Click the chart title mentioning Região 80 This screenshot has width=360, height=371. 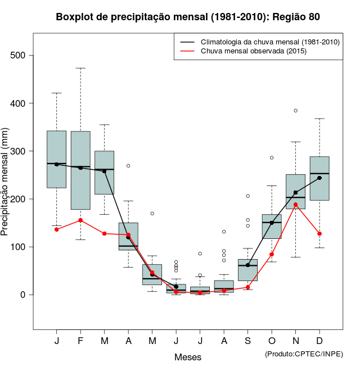(188, 17)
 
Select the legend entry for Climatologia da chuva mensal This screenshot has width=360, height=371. (270, 42)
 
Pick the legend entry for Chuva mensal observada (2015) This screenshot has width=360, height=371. (253, 51)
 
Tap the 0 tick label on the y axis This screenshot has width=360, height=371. (23, 295)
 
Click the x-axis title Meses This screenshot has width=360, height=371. (188, 357)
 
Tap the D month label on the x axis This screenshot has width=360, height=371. (319, 341)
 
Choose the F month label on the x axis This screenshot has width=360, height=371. (80, 341)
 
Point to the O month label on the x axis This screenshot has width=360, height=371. (272, 341)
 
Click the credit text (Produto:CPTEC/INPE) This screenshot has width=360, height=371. (304, 354)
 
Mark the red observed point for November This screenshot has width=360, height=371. (295, 205)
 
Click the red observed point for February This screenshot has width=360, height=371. (80, 220)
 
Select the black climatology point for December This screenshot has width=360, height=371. (319, 178)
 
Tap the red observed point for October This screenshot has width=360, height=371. (272, 255)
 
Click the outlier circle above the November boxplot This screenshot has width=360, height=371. (295, 111)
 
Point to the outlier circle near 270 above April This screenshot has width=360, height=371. (128, 166)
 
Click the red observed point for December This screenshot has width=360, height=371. (319, 234)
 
